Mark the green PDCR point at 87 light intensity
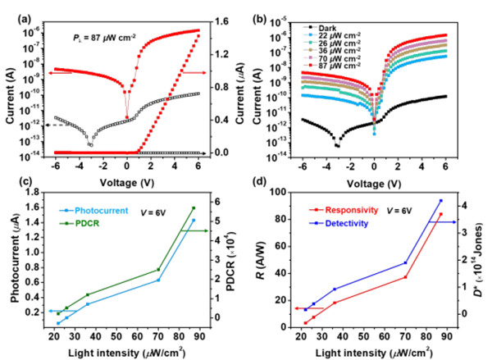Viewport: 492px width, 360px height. pyautogui.click(x=194, y=207)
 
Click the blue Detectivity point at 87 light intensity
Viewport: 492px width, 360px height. pyautogui.click(x=440, y=200)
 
